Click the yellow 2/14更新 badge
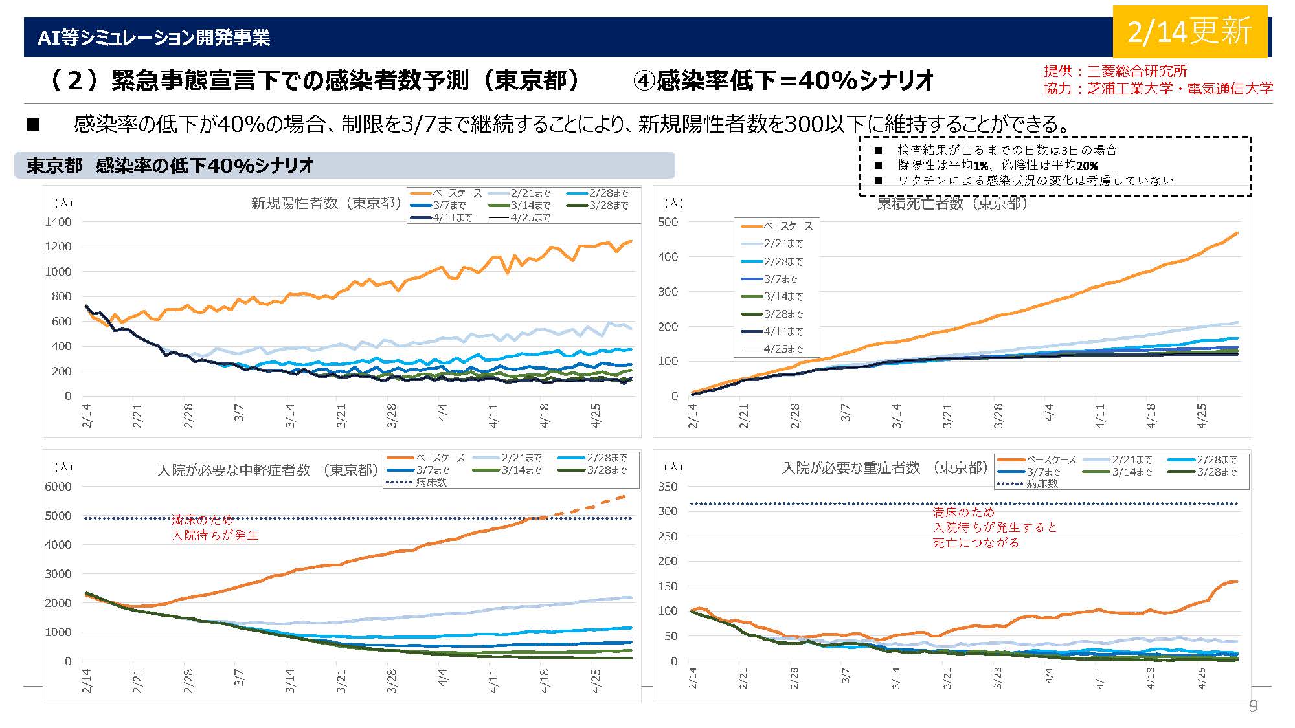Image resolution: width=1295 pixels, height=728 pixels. [x=1189, y=32]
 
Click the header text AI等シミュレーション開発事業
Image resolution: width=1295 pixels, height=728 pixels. [x=153, y=38]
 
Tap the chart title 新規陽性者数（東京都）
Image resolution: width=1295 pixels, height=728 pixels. [x=326, y=203]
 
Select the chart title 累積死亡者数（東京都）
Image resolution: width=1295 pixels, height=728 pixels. [x=952, y=204]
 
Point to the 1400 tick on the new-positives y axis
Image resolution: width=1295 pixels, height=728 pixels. [x=58, y=222]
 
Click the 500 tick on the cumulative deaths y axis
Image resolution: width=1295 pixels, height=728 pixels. [x=668, y=222]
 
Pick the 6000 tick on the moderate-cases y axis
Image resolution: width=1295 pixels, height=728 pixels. [x=58, y=487]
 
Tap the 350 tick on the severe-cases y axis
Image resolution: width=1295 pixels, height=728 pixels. [x=668, y=487]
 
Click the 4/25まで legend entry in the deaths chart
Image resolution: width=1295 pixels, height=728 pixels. [x=783, y=349]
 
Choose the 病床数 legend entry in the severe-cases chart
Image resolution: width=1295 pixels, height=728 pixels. [x=1042, y=483]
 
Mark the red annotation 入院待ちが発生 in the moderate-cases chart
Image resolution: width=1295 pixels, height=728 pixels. [x=215, y=536]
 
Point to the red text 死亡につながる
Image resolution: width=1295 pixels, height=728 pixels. [x=976, y=543]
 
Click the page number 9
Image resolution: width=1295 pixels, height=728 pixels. [x=1253, y=706]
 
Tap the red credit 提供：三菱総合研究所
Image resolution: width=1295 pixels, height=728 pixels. [x=1115, y=72]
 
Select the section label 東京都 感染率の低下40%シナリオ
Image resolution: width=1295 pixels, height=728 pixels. [x=170, y=166]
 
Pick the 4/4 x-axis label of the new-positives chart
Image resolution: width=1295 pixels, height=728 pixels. [x=443, y=413]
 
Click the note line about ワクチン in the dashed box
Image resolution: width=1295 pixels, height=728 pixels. [x=1035, y=181]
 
